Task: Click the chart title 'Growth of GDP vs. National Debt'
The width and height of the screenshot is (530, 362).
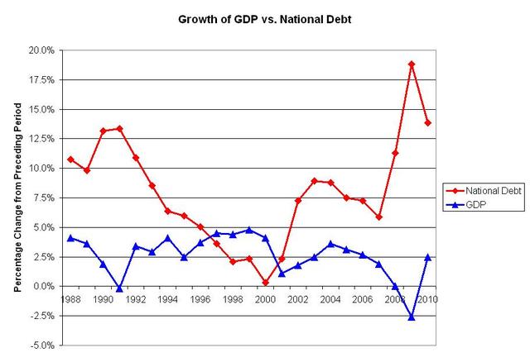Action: coord(264,16)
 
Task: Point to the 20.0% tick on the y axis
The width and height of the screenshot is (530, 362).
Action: coord(42,50)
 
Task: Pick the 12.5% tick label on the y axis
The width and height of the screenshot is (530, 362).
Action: coord(42,139)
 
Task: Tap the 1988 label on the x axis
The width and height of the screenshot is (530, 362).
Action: coord(71,299)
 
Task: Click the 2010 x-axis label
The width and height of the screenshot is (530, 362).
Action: coord(427,299)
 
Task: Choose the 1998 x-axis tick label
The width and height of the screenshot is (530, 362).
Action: coord(233,299)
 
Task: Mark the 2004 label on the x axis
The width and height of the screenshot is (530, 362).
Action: coord(330,299)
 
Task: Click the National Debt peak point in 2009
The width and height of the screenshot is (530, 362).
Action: coord(412,64)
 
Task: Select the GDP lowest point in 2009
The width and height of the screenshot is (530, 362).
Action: coord(412,317)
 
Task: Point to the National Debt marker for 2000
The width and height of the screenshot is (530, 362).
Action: coord(265,283)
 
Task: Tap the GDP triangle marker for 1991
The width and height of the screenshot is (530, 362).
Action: coord(119,288)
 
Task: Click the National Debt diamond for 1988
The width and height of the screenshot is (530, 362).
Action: coord(71,160)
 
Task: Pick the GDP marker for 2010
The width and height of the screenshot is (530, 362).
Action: coord(427,257)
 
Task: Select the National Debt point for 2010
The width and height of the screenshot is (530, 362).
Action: coord(427,123)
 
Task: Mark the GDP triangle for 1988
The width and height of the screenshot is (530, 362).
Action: coord(71,238)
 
